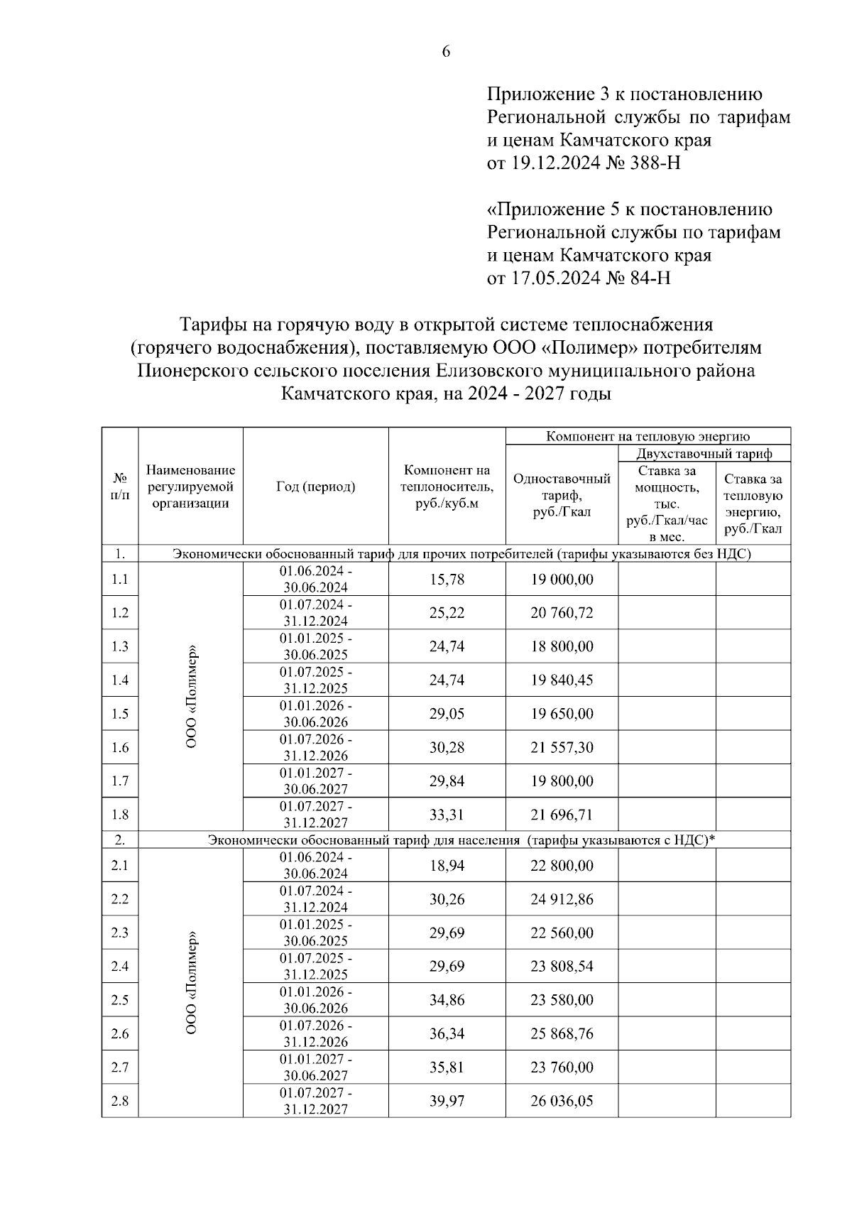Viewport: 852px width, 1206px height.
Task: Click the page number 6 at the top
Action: tap(446, 51)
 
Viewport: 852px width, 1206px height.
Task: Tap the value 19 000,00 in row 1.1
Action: tap(562, 580)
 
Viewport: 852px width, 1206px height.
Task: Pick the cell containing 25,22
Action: tap(447, 613)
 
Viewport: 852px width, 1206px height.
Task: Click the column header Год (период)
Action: tap(315, 487)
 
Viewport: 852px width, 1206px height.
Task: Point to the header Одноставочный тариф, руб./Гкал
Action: tap(562, 495)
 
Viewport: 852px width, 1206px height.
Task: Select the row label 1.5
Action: tap(120, 714)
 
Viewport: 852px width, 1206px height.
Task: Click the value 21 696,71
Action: tap(562, 815)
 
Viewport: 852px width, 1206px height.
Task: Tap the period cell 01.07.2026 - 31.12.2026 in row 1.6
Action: tap(315, 747)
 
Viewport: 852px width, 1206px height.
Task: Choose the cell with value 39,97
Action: tap(447, 1101)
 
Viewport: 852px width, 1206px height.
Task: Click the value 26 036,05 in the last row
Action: tap(562, 1101)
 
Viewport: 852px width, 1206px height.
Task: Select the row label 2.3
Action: tap(120, 933)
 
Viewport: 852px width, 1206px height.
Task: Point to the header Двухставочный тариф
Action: tap(704, 453)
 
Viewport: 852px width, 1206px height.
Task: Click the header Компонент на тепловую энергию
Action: tap(648, 436)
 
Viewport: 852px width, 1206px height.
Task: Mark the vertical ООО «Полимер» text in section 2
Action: tap(191, 983)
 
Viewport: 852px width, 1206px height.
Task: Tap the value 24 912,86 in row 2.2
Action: tap(562, 899)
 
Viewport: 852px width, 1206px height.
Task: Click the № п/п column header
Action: tap(120, 487)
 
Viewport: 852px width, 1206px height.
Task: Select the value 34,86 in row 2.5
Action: tap(447, 1000)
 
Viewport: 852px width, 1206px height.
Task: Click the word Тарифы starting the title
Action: tap(214, 325)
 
